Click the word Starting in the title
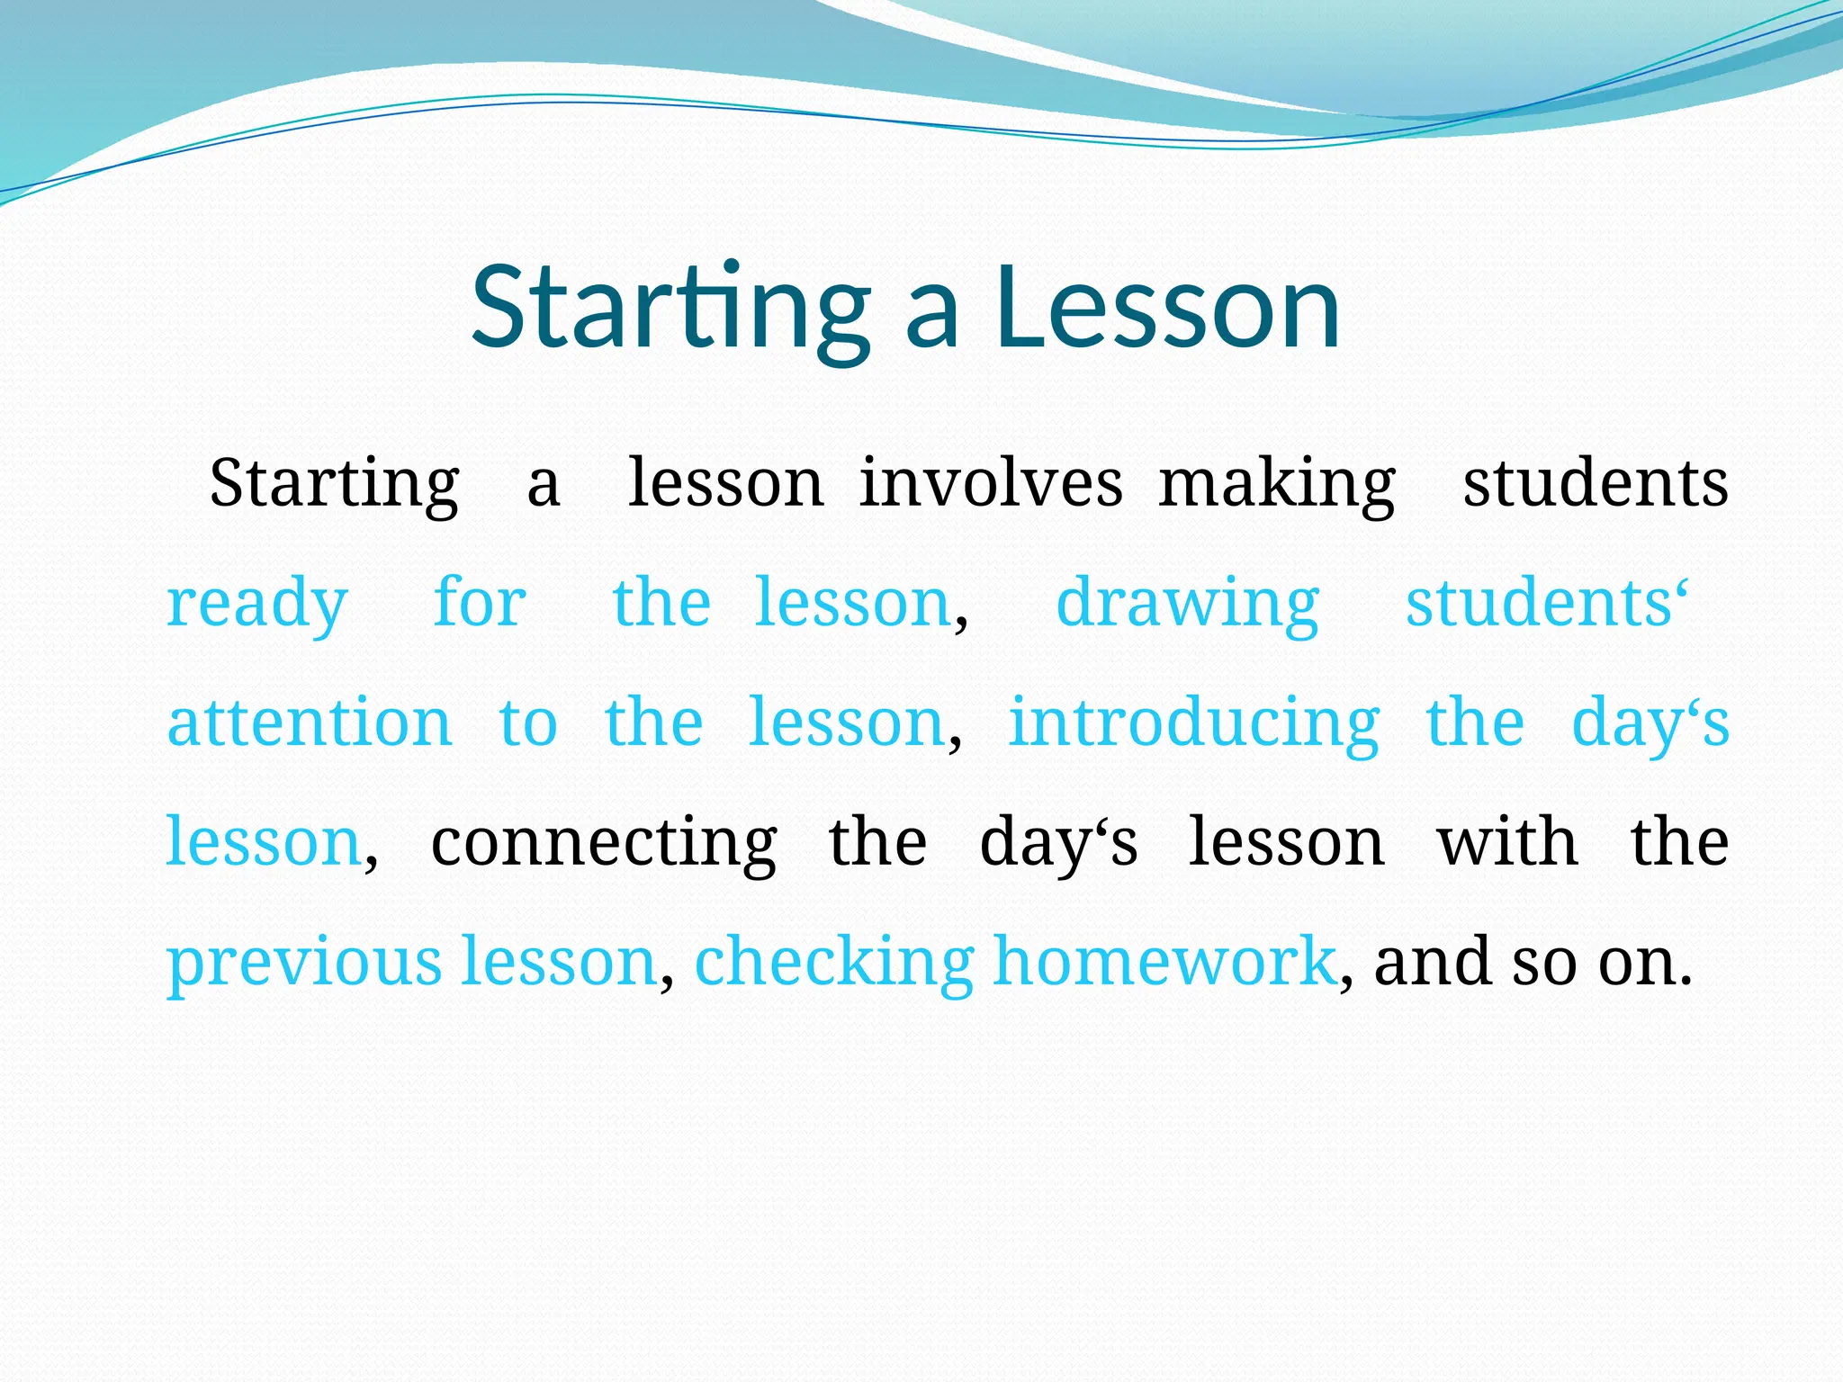point(670,309)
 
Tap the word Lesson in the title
point(1167,309)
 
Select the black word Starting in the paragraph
point(335,485)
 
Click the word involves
point(991,483)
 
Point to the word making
point(1277,485)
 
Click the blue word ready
point(257,604)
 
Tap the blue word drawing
point(1187,604)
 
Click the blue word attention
point(310,722)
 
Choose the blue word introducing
point(1193,722)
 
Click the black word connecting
point(604,843)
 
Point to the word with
point(1507,842)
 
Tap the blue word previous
point(304,962)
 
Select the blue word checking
point(834,962)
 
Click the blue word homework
point(1164,961)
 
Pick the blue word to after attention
point(528,722)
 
